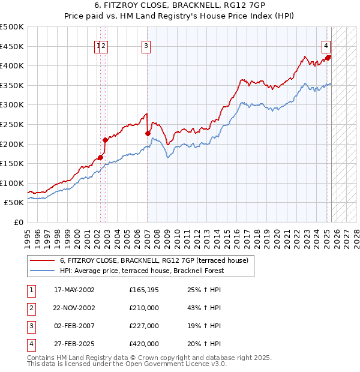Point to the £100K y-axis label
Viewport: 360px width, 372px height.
coord(12,183)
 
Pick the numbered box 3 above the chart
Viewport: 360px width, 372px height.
coord(146,45)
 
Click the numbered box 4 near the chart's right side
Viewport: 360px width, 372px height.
coord(326,45)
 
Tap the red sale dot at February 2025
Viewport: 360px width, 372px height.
coord(328,58)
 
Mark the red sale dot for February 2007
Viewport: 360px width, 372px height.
coord(148,134)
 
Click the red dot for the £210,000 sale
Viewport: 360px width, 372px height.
coord(105,140)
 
